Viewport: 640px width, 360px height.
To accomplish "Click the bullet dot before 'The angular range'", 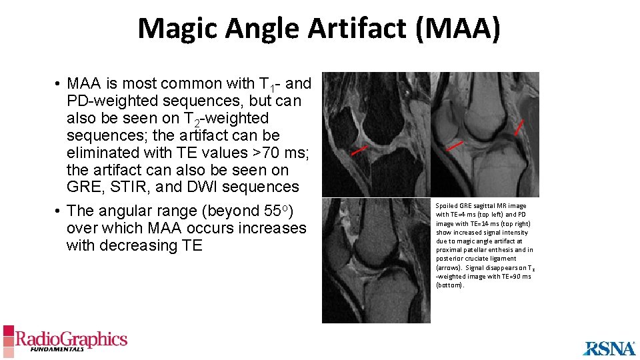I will coord(59,212).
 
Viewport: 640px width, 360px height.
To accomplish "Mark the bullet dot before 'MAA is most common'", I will coord(59,85).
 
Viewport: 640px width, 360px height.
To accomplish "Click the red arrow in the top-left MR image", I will coord(359,151).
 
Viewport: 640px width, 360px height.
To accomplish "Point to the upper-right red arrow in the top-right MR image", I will coord(518,127).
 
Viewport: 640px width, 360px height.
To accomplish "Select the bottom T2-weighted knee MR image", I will coord(376,261).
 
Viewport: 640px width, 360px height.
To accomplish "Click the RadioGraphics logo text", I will coord(71,339).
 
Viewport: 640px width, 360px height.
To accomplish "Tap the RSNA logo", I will coord(609,347).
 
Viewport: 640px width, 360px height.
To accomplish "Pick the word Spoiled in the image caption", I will coord(447,206).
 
